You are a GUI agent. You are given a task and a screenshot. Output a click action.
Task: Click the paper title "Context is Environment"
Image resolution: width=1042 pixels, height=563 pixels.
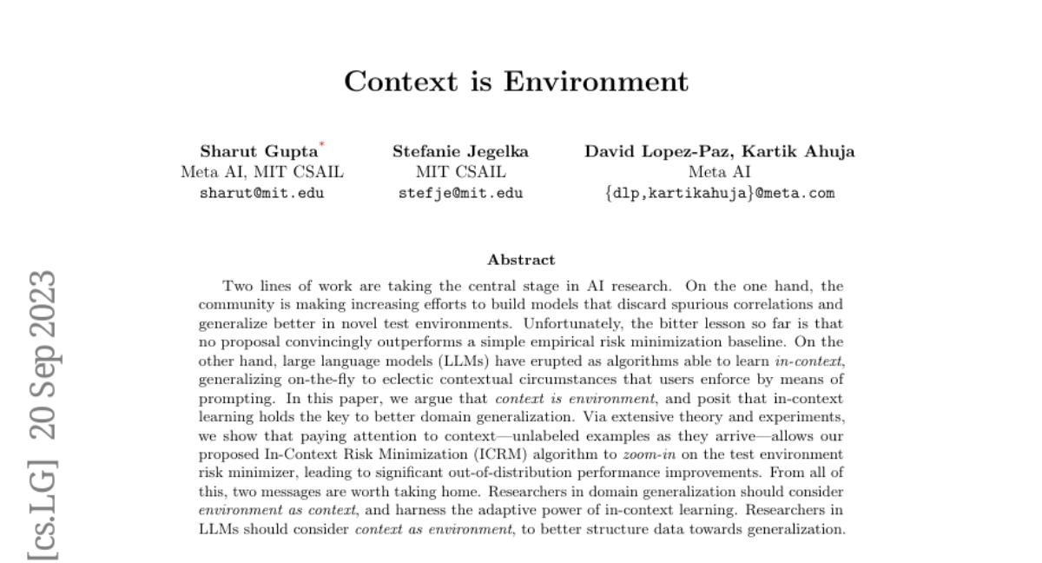pyautogui.click(x=516, y=81)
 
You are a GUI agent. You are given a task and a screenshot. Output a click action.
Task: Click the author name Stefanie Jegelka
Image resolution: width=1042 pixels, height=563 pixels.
pyautogui.click(x=460, y=151)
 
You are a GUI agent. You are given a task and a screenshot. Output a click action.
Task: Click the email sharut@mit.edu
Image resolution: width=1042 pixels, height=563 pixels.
pyautogui.click(x=261, y=193)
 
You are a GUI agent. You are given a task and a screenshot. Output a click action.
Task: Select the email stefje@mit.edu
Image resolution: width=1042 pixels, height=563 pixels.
pyautogui.click(x=460, y=193)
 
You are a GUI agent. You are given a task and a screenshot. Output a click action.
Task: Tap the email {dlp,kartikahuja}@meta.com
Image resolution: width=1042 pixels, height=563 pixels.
pyautogui.click(x=719, y=193)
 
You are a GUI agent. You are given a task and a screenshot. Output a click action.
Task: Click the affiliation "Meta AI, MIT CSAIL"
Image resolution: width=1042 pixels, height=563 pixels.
pyautogui.click(x=261, y=172)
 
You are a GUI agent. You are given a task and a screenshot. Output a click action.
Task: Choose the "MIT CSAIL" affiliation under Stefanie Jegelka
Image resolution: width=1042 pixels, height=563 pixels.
pyautogui.click(x=460, y=172)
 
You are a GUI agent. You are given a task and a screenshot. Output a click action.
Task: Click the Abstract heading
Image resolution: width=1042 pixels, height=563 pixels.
pyautogui.click(x=521, y=259)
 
